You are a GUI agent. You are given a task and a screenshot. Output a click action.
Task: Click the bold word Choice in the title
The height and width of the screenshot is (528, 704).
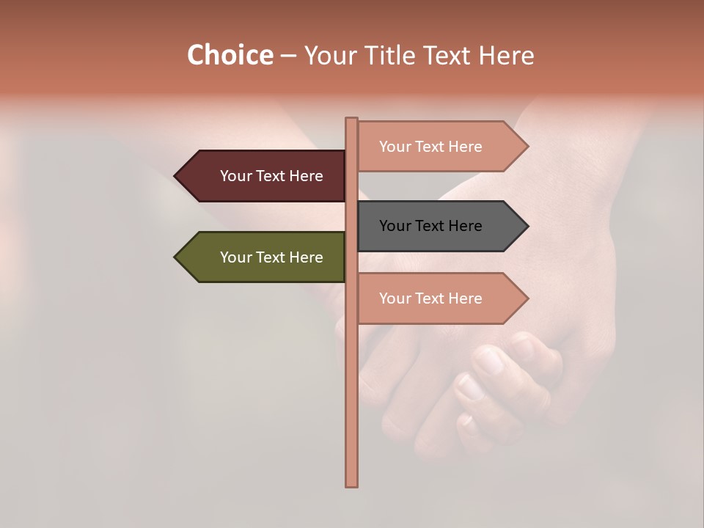coord(230,55)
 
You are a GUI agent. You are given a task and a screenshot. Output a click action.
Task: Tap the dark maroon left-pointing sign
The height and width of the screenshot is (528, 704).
coord(264,176)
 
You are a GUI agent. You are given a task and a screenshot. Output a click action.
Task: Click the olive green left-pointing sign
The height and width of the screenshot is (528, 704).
coord(264,257)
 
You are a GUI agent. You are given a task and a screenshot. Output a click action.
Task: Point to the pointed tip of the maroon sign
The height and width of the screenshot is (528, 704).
coord(176,176)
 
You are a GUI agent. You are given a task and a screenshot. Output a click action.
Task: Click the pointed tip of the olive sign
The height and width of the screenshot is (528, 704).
coord(176,257)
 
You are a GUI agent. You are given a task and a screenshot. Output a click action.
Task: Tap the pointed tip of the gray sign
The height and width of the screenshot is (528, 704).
coord(527,226)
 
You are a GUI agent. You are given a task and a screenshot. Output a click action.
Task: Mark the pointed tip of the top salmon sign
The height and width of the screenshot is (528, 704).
coord(527,147)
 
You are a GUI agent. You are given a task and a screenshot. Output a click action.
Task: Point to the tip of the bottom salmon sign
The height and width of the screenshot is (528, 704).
coord(527,298)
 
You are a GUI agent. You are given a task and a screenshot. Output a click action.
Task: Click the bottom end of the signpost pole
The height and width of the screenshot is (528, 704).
coord(351,484)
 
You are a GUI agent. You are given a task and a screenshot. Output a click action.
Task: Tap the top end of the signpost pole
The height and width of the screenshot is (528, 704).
coord(351,120)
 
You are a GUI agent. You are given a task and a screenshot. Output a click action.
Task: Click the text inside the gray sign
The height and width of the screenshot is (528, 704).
coord(430,226)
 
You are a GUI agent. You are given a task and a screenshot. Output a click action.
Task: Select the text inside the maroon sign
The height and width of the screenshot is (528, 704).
coord(271,176)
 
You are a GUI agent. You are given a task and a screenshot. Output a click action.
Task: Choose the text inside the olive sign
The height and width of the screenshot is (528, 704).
coord(271,257)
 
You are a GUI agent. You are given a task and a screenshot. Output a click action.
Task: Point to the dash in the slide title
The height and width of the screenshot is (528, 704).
coord(288,56)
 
